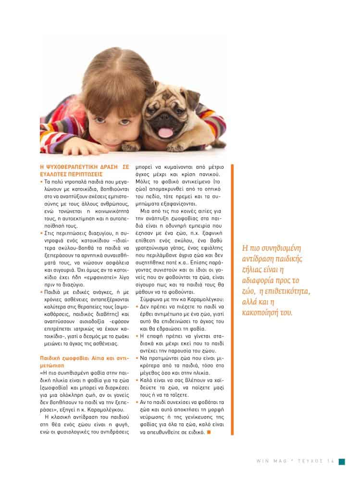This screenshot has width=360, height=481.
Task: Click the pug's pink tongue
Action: [165, 133]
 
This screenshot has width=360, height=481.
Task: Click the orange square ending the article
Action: [208, 431]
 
